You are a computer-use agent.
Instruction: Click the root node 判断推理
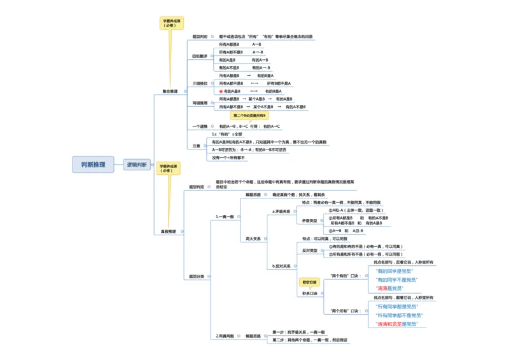coord(94,165)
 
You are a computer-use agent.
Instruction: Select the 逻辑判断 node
coord(137,165)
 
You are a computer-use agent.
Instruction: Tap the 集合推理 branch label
coord(170,91)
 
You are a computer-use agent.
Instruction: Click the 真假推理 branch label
coord(169,232)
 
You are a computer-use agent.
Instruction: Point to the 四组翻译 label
coord(200,57)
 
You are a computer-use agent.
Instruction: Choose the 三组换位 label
coord(200,83)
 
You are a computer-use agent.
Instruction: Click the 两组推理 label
coord(200,103)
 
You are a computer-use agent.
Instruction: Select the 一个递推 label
coord(200,127)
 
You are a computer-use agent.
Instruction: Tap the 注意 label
coord(197,146)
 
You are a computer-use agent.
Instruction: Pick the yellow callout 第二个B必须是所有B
coord(250,116)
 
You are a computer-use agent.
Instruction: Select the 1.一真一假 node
coord(226,216)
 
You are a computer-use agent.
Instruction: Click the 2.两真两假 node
coord(225,335)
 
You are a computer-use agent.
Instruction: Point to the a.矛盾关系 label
coord(281,211)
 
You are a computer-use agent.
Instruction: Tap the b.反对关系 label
coord(281,266)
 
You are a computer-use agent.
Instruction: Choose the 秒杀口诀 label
coord(309,293)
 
